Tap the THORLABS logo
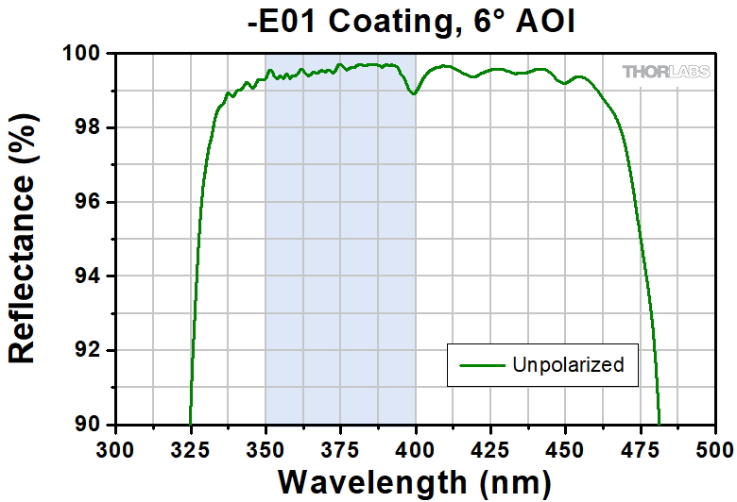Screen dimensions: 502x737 click(661, 71)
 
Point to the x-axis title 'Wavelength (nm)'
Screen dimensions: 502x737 click(414, 481)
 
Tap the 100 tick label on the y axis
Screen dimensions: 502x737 click(84, 54)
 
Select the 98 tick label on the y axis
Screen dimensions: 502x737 click(90, 128)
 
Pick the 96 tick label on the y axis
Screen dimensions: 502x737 click(90, 202)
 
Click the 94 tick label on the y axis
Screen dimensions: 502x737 click(90, 276)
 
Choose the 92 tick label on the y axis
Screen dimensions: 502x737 click(90, 350)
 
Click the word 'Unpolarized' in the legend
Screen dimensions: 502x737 click(568, 364)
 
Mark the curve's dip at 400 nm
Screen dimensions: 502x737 click(413, 93)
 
